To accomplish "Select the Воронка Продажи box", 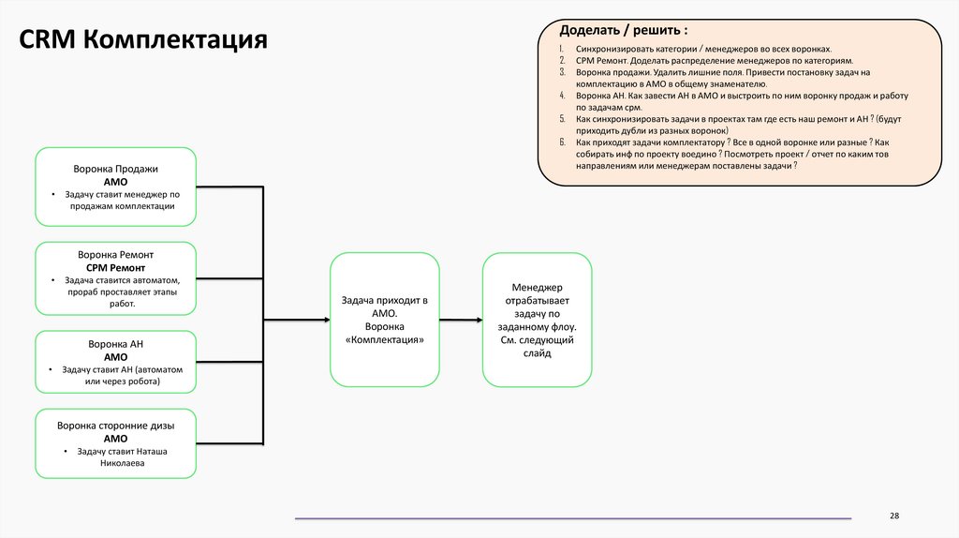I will (x=116, y=187).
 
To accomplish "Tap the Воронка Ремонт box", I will (x=116, y=278).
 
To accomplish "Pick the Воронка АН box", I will (x=116, y=363).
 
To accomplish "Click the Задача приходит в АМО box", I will (x=384, y=320).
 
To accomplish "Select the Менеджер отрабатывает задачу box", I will (x=537, y=320).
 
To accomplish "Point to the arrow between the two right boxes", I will (x=460, y=321).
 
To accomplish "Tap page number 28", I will (x=893, y=516).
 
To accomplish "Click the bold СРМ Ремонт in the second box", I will (x=115, y=267).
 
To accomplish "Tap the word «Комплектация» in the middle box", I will (x=384, y=340).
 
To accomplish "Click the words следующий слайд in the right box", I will (x=537, y=347).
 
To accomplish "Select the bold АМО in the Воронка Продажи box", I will (x=115, y=182).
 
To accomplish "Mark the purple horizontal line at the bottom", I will (x=573, y=518).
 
